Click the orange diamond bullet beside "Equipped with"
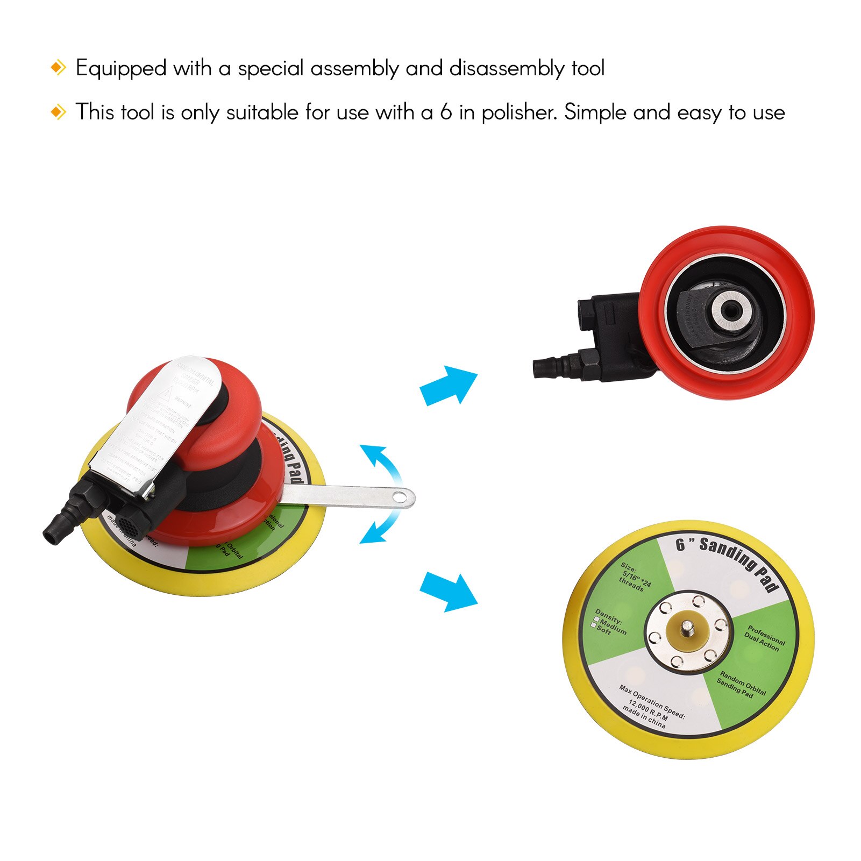click(x=58, y=68)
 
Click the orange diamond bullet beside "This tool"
click(x=58, y=112)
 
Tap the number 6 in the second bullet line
click(x=446, y=112)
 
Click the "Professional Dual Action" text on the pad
click(x=764, y=638)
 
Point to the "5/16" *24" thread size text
click(x=637, y=578)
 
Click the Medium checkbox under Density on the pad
click(x=596, y=620)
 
